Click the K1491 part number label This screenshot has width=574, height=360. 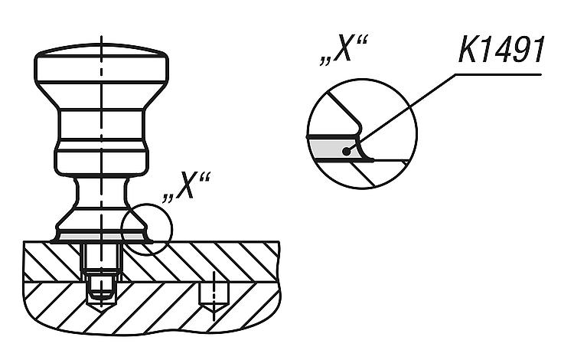(x=501, y=50)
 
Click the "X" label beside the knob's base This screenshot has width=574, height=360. (x=186, y=186)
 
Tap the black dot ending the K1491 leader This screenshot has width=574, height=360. (x=346, y=151)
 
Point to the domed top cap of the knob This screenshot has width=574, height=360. (x=101, y=51)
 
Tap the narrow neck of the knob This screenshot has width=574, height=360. (x=101, y=191)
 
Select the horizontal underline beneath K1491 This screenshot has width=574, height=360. (x=498, y=75)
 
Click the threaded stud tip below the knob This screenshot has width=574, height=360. (x=101, y=290)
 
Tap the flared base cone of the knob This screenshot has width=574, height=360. (x=101, y=221)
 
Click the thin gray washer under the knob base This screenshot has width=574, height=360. (x=101, y=237)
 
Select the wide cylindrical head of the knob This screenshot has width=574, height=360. (x=101, y=70)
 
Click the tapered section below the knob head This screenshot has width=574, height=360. (x=101, y=96)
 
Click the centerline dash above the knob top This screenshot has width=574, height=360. (x=101, y=41)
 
